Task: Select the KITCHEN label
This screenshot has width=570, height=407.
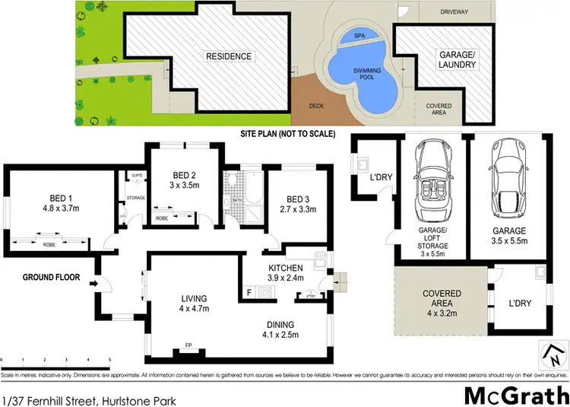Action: coord(286,268)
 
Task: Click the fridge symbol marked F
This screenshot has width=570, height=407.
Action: coord(249,292)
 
